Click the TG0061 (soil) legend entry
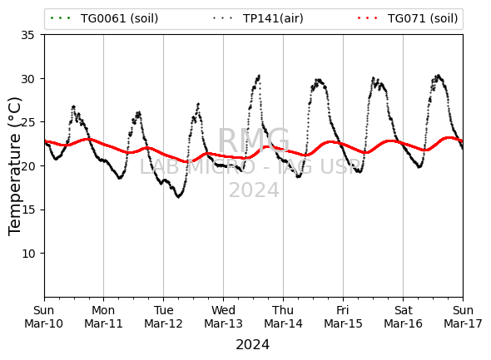tap(104, 18)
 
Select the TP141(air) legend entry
tap(258, 18)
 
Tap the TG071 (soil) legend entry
tap(408, 18)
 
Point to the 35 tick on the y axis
tap(27, 35)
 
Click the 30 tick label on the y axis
tap(27, 79)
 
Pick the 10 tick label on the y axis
tap(27, 254)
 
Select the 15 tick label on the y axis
tap(27, 210)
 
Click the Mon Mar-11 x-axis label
tap(103, 317)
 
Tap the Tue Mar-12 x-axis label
tap(163, 317)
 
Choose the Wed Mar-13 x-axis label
tap(223, 317)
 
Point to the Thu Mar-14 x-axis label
tap(283, 317)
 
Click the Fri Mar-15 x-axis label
tap(343, 317)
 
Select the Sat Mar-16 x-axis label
tap(403, 317)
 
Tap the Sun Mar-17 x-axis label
tap(463, 317)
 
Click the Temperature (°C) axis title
tap(15, 166)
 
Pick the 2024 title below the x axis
tap(253, 345)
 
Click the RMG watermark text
tap(254, 141)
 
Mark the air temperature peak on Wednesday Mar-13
tap(259, 76)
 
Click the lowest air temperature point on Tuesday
tap(178, 197)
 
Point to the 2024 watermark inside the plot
tap(254, 190)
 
